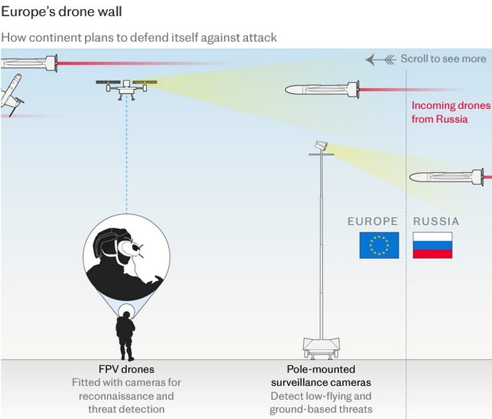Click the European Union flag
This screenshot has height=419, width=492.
pos(379,245)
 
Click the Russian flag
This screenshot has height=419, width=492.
pos(432,245)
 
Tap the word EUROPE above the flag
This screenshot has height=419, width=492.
pos(372,222)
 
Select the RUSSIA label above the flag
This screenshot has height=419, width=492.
pos(436,222)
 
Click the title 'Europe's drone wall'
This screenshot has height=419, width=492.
pos(61,13)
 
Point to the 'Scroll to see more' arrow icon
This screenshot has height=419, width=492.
pos(380,59)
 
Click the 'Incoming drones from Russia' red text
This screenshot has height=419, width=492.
pos(450,112)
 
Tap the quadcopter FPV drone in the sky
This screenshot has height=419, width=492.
pos(126,86)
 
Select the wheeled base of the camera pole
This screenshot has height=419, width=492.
pos(321,346)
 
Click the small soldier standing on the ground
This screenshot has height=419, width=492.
pos(125,335)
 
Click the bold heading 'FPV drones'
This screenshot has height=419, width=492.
pos(126,369)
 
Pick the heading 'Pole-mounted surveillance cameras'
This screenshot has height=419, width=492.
pos(321,376)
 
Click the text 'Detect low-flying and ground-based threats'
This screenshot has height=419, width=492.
pos(321,402)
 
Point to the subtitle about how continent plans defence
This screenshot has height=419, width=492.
pos(138,37)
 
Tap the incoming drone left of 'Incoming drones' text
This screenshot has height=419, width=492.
pos(322,89)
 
